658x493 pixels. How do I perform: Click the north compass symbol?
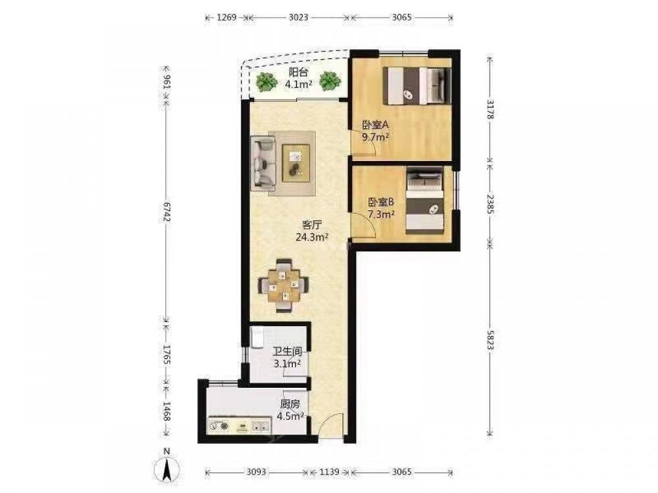click(x=167, y=467)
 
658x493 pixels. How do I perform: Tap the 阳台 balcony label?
click(x=298, y=72)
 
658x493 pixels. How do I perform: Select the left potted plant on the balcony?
click(x=265, y=82)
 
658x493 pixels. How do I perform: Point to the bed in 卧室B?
click(x=424, y=200)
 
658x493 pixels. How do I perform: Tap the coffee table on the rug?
click(x=296, y=163)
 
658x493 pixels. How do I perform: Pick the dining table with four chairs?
click(x=284, y=285)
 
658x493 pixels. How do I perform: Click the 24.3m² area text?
click(x=312, y=237)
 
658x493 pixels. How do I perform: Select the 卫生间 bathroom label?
click(x=288, y=352)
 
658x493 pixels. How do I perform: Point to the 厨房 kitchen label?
click(x=290, y=404)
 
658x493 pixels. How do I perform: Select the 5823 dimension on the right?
click(x=490, y=340)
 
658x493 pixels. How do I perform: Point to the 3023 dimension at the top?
click(x=298, y=17)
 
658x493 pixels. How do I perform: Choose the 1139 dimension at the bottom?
click(x=329, y=472)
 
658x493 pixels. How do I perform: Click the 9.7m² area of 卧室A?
click(x=375, y=137)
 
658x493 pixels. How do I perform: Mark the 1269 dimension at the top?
click(x=226, y=17)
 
